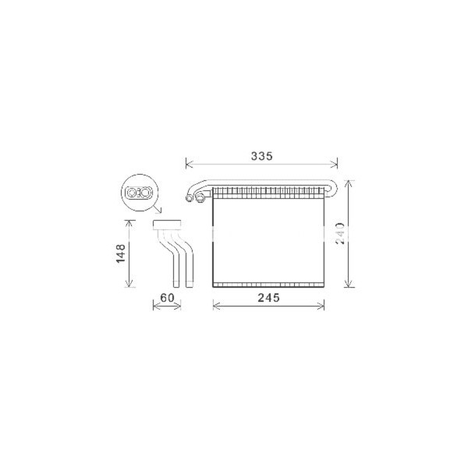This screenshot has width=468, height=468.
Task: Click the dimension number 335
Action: pos(261,156)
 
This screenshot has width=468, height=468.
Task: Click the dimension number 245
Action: pos(268,297)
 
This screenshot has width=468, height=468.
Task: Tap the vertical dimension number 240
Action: pos(339,232)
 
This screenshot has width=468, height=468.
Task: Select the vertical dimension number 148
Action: pos(121,254)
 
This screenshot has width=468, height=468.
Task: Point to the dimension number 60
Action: pos(166,297)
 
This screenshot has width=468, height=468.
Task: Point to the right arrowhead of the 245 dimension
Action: pos(322,305)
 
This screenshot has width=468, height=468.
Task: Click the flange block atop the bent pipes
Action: pos(167,225)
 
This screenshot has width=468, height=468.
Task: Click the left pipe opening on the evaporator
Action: pos(190,199)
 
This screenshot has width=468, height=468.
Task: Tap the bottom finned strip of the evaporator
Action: pos(269,282)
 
